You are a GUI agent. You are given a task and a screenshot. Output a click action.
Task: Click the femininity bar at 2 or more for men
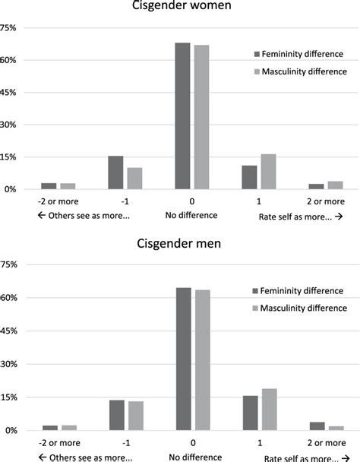point(317,426)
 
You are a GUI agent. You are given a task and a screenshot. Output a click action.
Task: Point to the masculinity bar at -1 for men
point(136,416)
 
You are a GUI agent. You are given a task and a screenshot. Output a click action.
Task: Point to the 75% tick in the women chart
point(8,28)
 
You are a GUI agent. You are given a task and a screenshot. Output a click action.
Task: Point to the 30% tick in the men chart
point(8,365)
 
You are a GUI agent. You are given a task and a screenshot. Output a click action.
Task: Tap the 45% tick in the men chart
point(8,331)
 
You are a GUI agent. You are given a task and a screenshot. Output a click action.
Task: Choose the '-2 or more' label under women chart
point(49,202)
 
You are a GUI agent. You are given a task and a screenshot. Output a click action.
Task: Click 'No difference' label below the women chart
point(191,215)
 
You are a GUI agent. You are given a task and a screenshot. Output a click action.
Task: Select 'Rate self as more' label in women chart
point(298,215)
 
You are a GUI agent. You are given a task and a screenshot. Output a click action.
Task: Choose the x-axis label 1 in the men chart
point(259,443)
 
